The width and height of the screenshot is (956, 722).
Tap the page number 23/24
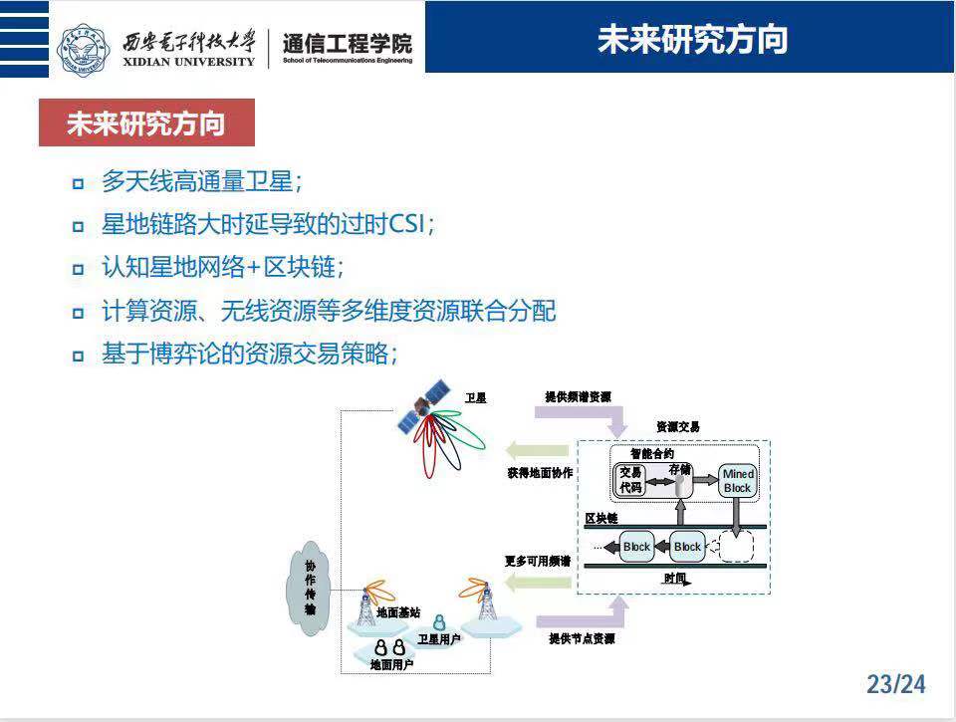895,684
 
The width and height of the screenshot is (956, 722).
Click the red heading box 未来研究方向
146,124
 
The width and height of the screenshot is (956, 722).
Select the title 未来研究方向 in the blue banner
692,39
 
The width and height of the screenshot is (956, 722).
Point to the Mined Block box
737,481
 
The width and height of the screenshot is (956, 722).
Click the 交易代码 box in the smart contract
630,480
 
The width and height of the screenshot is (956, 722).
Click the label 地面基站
398,613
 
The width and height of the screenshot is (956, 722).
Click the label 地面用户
391,663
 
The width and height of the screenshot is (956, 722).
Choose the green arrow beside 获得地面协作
537,448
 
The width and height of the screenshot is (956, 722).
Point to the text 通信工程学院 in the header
347,44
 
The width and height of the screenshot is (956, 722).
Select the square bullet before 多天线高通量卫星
78,183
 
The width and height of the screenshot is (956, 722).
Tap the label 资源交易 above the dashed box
678,426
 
